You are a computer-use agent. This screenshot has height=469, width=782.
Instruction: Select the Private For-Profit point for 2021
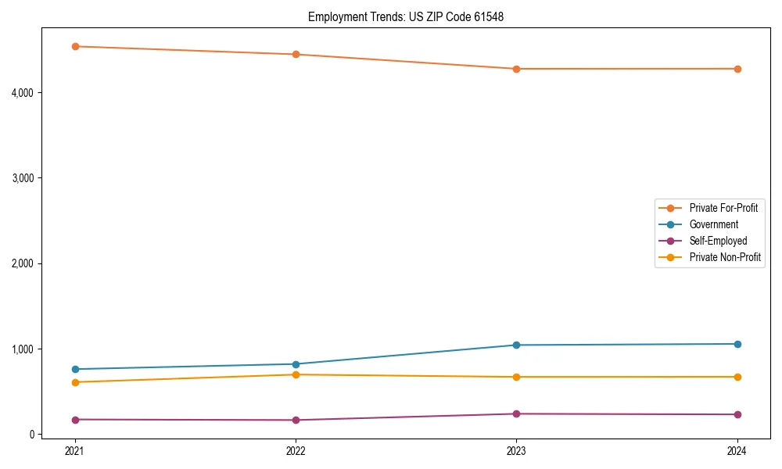[75, 46]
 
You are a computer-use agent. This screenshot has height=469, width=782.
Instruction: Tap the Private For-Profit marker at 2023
[516, 69]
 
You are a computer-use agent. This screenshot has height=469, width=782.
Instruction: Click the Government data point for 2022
[296, 364]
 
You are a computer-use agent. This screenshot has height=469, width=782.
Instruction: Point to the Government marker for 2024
[737, 344]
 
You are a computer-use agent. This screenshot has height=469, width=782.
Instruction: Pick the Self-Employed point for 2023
[516, 414]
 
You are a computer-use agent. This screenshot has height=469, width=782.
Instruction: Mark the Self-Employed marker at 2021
[75, 420]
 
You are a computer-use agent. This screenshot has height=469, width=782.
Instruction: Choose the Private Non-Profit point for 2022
[296, 374]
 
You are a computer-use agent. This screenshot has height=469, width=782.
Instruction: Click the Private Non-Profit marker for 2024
[737, 377]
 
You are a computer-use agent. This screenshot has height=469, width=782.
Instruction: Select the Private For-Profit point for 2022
[296, 54]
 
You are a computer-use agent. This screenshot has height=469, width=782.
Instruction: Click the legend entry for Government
[713, 224]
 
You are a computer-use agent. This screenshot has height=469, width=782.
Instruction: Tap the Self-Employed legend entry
[718, 241]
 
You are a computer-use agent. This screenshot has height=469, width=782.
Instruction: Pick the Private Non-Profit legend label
[725, 257]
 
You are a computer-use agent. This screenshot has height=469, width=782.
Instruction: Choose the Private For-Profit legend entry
[723, 208]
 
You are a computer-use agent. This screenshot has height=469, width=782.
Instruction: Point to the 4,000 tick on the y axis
[22, 93]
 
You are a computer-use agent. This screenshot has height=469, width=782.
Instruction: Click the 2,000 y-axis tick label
[22, 263]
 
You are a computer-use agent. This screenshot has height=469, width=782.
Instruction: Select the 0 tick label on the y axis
[31, 435]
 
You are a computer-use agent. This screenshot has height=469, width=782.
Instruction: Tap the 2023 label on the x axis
[516, 450]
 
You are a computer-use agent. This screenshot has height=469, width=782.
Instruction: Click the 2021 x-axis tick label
[75, 450]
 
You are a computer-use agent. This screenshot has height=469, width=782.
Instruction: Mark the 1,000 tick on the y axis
[22, 349]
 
